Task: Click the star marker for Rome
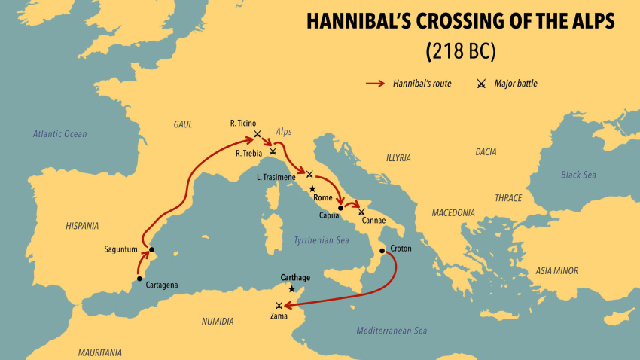[x=312, y=188]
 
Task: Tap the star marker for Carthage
[x=291, y=288]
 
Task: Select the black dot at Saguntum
[x=151, y=249]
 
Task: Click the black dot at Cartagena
[x=139, y=279]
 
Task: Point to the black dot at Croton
[x=382, y=251]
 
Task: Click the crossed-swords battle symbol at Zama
[x=279, y=305]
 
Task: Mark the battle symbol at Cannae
[x=362, y=212]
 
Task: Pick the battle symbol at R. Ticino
[x=258, y=134]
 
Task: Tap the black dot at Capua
[x=340, y=207]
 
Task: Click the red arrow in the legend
[x=375, y=84]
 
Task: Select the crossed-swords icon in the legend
[x=480, y=84]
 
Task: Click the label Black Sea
[x=578, y=175]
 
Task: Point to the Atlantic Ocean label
[x=59, y=134]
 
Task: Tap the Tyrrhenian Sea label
[x=321, y=240]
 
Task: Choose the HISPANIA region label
[x=82, y=225]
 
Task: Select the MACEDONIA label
[x=453, y=213]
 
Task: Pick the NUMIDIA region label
[x=218, y=322]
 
